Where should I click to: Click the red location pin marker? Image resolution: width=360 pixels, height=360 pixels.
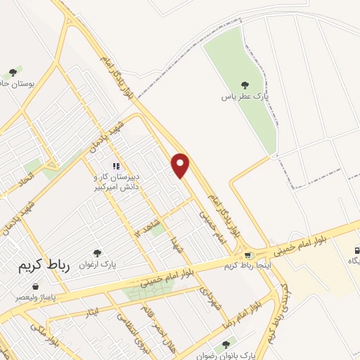point(181,165)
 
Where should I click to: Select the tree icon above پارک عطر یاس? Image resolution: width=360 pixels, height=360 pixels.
point(244,84)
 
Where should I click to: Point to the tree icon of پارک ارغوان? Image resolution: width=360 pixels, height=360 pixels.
point(97,253)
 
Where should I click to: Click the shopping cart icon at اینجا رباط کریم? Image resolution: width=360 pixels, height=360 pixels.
point(247,255)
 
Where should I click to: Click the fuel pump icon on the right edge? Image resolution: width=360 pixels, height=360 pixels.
point(356,250)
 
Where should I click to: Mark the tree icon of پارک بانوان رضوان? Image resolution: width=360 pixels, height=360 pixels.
point(225,345)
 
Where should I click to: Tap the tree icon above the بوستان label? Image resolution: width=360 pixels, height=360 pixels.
point(11,72)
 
